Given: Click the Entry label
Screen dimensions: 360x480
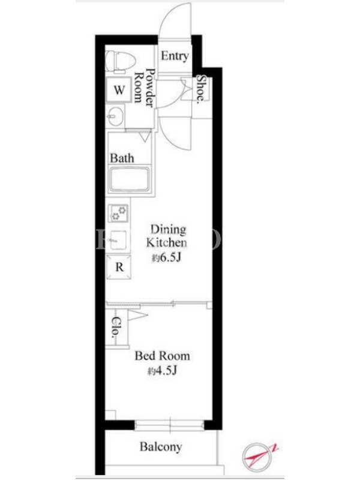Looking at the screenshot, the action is click(175, 56).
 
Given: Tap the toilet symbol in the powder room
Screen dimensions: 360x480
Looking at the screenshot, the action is click(119, 62).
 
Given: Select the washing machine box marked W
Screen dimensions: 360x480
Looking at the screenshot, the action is click(119, 89).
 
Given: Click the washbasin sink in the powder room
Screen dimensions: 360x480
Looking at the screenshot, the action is click(116, 116).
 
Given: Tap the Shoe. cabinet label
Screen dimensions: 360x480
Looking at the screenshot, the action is click(200, 88).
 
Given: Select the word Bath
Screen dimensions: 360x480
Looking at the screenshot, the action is click(122, 158).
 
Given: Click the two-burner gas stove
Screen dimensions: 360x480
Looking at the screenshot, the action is click(118, 213).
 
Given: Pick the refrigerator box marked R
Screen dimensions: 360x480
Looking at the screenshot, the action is click(119, 267).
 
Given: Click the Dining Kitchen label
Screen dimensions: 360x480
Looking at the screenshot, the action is click(167, 236).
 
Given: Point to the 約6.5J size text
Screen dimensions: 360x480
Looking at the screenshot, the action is click(167, 258).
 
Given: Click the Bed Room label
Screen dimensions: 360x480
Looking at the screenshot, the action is click(163, 356).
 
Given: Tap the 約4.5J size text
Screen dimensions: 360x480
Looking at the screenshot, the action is click(163, 371).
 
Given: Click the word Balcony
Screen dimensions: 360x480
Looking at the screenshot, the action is click(161, 446).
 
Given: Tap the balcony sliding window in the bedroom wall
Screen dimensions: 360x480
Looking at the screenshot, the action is click(170, 425).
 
